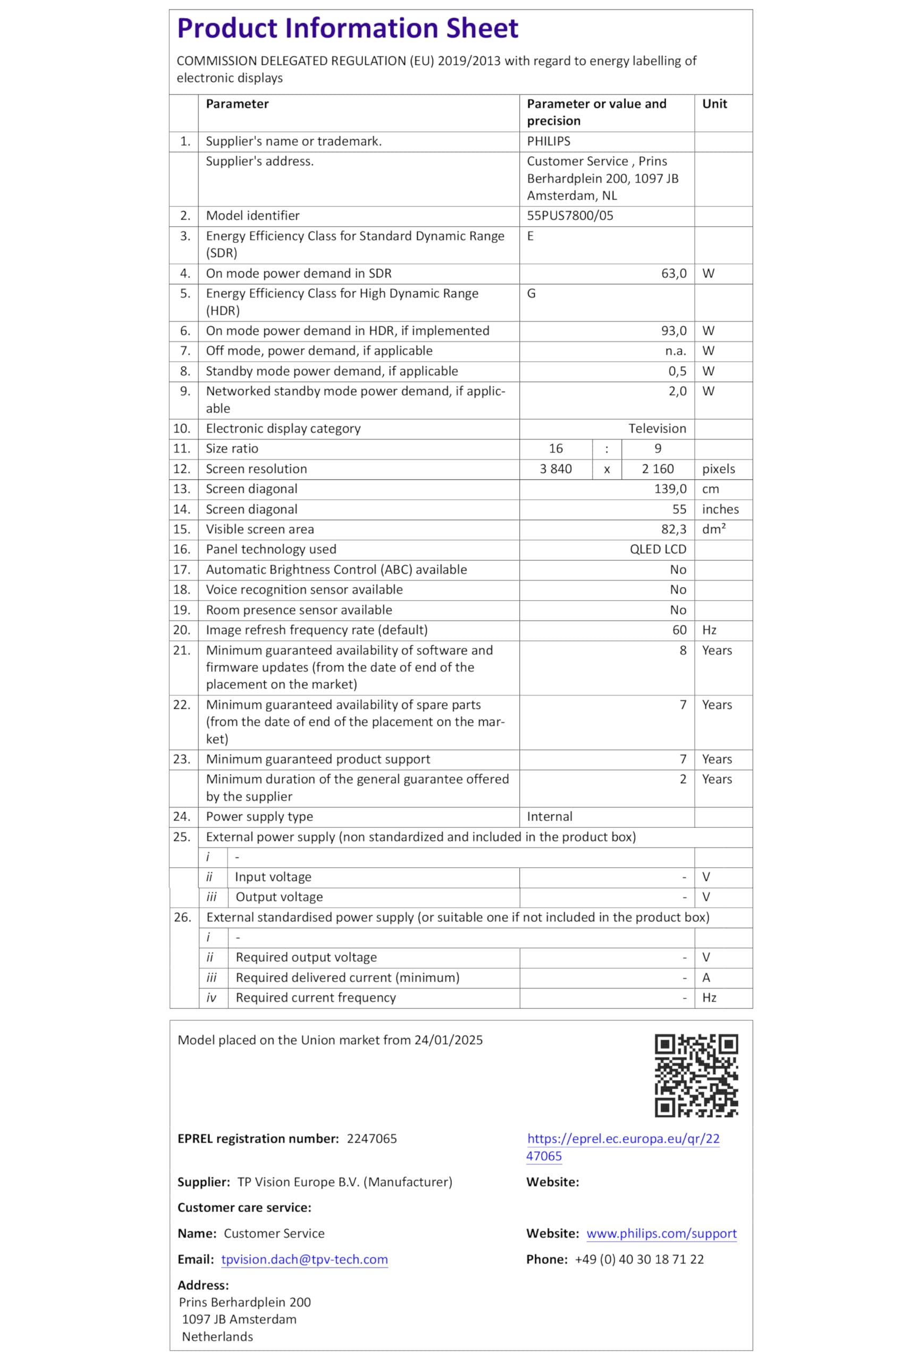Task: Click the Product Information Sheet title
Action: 347,29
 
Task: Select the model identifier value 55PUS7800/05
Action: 570,216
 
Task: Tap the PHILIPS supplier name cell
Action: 548,141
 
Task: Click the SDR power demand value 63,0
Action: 673,274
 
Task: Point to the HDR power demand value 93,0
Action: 673,331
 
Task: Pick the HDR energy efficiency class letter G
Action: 531,294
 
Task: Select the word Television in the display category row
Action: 657,429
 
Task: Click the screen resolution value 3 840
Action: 555,469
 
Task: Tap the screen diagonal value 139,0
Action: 670,489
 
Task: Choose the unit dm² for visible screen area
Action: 714,529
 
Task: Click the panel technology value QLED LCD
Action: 658,549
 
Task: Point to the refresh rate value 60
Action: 679,630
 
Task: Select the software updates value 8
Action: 683,650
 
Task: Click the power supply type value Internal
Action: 549,817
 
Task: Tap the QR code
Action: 696,1076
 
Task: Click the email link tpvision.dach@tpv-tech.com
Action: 305,1260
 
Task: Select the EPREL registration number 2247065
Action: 372,1139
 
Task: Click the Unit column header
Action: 714,104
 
